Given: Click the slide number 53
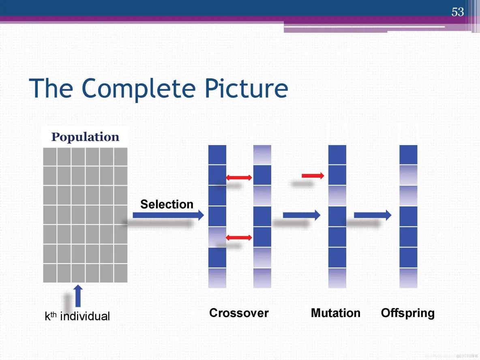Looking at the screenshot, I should (457, 12).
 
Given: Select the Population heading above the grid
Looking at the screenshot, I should (85, 137).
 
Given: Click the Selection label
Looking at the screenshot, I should (167, 204).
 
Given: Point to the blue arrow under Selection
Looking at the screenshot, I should (168, 216).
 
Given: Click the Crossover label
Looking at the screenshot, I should (239, 313).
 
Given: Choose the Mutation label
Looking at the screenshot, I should (335, 313).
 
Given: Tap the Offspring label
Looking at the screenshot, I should (407, 313).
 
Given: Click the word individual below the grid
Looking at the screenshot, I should (85, 316).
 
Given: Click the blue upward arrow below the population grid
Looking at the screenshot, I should (78, 296).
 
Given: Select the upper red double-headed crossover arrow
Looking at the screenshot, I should (239, 177).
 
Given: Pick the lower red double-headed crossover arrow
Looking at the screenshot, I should (239, 237).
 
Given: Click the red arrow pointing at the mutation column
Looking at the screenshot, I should (313, 176).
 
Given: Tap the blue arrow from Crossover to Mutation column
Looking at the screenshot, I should (301, 215).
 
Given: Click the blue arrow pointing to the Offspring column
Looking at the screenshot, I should (373, 215).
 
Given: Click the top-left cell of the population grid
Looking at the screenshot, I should (50, 156).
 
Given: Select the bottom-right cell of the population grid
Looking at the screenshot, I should (121, 273).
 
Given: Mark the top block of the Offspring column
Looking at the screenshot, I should (408, 154).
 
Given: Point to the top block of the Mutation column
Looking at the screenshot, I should (337, 154).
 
